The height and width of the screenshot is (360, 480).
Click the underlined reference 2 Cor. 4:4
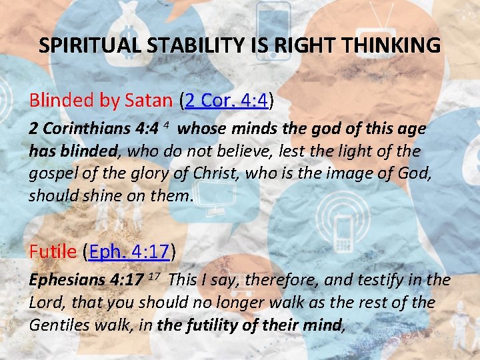[227, 101]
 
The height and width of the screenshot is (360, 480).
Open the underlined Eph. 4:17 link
[130, 251]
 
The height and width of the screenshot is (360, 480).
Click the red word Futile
[53, 251]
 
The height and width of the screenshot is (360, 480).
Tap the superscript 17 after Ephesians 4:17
[152, 277]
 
